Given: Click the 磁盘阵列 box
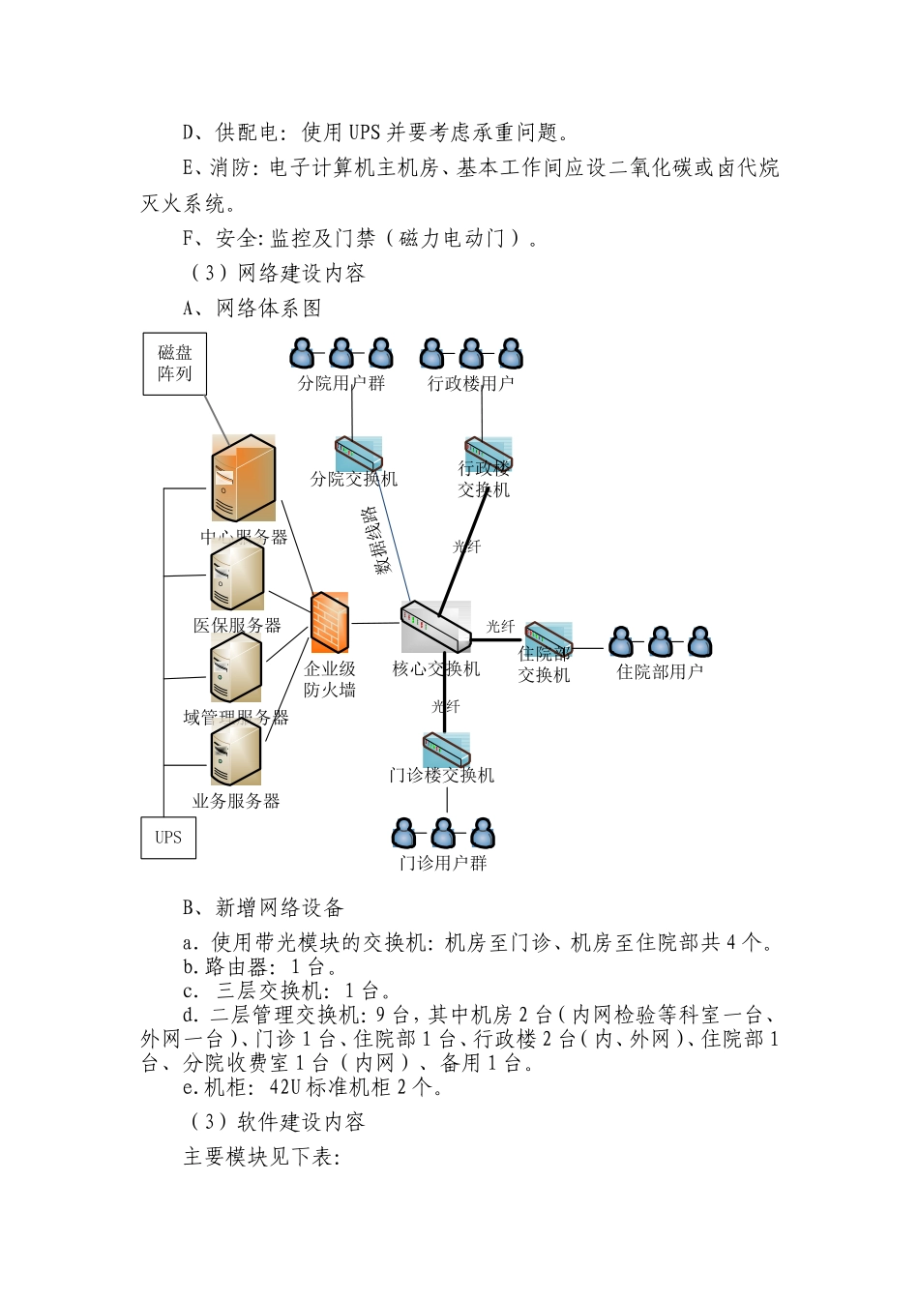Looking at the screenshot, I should (x=175, y=364).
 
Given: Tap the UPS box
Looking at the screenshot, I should (x=168, y=838).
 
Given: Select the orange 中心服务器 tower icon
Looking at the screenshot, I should (x=244, y=479).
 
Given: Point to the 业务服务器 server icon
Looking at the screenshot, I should (x=236, y=754).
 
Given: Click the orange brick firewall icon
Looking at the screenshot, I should (x=329, y=623).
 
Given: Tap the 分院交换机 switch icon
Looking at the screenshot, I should (x=358, y=454).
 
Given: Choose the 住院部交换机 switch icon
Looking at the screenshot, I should (x=548, y=638).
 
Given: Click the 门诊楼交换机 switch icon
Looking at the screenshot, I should (x=446, y=751).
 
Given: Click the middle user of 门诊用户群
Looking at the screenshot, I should (x=443, y=833).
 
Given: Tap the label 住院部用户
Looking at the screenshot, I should (x=660, y=671).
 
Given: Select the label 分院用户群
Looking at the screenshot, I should (x=341, y=383).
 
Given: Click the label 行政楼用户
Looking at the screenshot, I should (x=471, y=383).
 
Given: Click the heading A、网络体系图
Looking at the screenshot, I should (x=252, y=309).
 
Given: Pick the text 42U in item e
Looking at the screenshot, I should (x=285, y=1087).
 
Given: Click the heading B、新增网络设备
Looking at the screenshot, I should (x=263, y=907).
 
